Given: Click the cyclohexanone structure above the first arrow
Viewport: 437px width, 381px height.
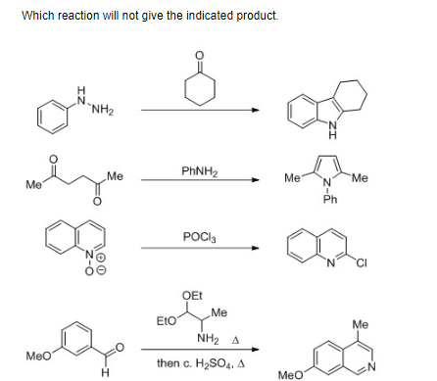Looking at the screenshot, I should click(200, 79).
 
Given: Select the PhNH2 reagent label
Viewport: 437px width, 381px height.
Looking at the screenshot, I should click(199, 171).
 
